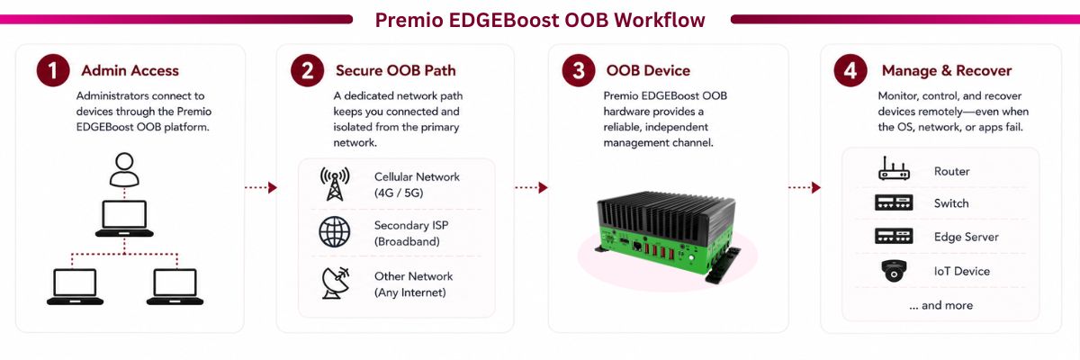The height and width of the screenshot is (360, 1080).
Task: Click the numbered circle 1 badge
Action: [x=53, y=70]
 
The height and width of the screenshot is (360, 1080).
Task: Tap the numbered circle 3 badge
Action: [x=579, y=70]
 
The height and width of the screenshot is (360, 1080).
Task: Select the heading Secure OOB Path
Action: [x=395, y=71]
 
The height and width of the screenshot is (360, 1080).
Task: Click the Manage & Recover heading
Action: [x=947, y=71]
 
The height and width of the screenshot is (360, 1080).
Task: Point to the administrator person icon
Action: [x=124, y=169]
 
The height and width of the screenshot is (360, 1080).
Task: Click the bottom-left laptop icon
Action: [x=76, y=287]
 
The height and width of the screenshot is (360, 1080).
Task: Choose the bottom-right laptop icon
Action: [x=175, y=287]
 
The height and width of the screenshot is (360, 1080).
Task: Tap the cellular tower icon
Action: [x=335, y=184]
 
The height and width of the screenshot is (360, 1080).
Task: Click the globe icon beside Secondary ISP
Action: [x=335, y=232]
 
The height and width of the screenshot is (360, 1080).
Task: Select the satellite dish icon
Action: [x=335, y=283]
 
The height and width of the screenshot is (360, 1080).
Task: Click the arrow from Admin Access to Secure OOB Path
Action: [x=261, y=187]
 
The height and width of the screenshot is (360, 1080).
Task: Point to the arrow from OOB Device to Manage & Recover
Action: [x=805, y=187]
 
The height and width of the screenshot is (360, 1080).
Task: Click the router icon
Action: [x=894, y=168]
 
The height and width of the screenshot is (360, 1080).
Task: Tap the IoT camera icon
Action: [x=894, y=271]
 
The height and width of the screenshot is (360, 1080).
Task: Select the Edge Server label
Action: [x=967, y=237]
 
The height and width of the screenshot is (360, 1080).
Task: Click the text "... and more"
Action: [x=941, y=305]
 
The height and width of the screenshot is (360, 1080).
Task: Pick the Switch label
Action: [x=951, y=203]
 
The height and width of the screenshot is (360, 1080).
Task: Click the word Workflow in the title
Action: [x=659, y=20]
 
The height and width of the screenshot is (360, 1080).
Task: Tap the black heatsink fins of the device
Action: [x=665, y=212]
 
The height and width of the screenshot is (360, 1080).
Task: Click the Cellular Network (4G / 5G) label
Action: [x=417, y=184]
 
